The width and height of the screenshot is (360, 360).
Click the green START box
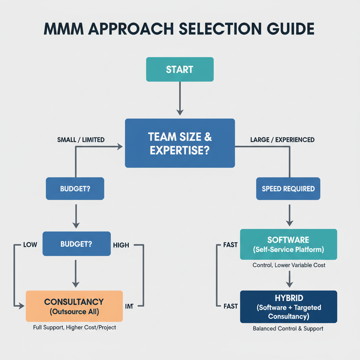click(180, 69)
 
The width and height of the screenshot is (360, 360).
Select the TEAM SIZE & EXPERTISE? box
click(180, 143)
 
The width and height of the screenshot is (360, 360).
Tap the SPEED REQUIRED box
click(288, 189)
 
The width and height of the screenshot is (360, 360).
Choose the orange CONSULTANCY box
click(74, 306)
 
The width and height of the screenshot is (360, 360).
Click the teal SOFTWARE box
click(288, 244)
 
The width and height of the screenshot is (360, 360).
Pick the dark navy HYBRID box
click(288, 307)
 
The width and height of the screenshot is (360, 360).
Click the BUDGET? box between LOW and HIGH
click(76, 244)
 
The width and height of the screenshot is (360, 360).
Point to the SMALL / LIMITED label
click(81, 140)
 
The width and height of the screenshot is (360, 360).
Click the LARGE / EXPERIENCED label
click(282, 140)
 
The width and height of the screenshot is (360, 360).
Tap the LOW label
click(30, 245)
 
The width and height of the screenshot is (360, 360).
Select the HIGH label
click(121, 245)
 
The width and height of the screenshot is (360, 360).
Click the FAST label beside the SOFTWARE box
click(231, 245)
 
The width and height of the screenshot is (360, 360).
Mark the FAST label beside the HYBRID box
click(231, 306)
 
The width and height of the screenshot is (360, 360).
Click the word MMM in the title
click(63, 29)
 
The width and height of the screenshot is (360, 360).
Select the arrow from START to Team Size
click(180, 98)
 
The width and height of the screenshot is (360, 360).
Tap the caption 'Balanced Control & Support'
click(288, 329)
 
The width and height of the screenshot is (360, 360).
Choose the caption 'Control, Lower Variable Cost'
click(289, 265)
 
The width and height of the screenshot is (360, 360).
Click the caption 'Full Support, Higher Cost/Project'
click(75, 328)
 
